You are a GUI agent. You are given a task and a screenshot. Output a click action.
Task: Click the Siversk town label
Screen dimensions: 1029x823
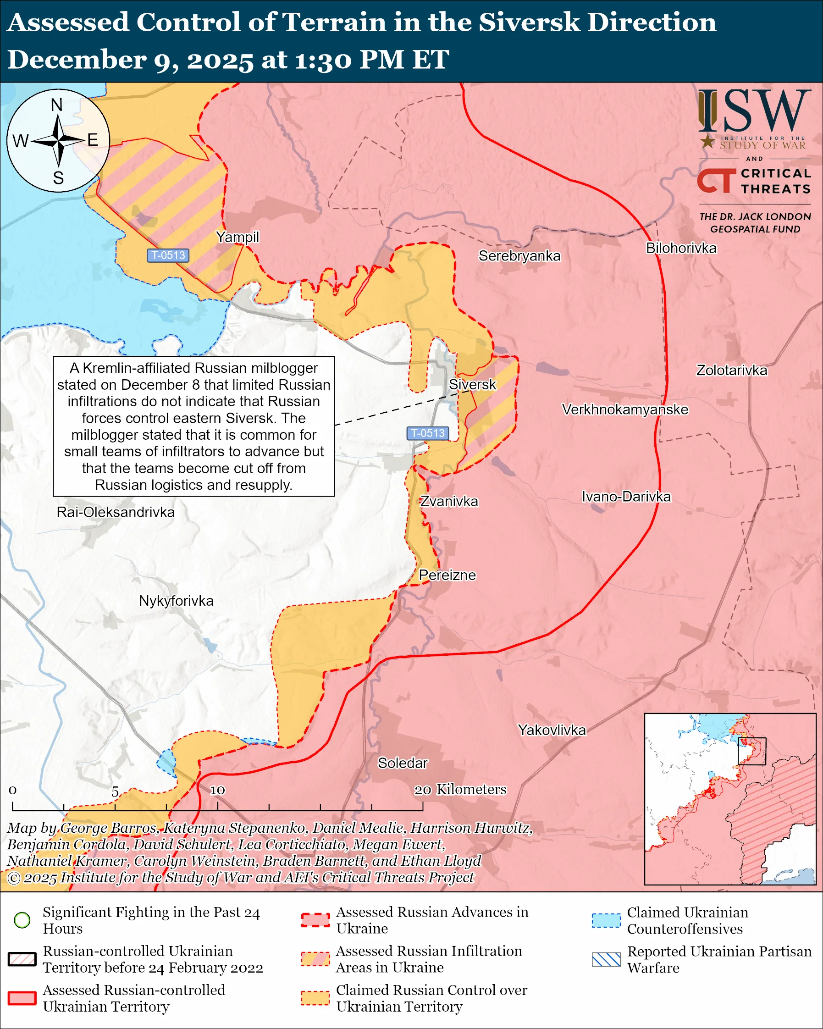coord(472,385)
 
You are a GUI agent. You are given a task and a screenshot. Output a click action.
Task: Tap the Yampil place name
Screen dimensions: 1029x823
coord(237,237)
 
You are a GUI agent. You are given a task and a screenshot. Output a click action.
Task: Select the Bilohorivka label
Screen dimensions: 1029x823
coord(681,248)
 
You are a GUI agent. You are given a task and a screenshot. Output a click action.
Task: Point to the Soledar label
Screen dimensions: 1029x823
coord(403,763)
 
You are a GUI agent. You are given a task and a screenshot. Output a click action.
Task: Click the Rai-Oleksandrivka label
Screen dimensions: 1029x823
coord(116,512)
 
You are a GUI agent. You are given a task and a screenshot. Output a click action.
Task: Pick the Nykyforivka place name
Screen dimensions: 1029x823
coord(176,600)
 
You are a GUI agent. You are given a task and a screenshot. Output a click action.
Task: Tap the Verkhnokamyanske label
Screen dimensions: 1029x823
coord(625,409)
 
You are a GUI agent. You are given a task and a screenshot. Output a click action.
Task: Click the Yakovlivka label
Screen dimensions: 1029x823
coord(552,730)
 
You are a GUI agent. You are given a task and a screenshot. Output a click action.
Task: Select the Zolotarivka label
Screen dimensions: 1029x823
coord(731,371)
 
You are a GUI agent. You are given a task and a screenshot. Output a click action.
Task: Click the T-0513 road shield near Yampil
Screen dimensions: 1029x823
coord(168,255)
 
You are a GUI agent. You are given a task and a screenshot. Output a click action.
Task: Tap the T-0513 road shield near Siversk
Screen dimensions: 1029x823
coord(427,433)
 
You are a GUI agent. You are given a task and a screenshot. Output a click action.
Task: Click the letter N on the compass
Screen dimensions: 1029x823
coord(57,105)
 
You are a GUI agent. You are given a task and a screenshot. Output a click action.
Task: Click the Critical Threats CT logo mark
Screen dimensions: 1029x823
coord(716,180)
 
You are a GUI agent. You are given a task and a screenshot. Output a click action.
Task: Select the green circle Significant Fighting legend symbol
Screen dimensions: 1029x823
coord(22,920)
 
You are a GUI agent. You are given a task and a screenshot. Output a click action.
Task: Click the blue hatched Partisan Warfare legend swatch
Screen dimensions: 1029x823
coord(606,959)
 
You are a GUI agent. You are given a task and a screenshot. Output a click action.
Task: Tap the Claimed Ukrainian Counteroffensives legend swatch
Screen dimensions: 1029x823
coord(606,920)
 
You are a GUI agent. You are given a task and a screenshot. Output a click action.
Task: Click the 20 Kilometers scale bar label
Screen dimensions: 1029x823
coord(460,790)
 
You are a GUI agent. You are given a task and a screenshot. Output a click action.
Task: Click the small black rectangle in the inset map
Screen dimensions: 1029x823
coord(751,751)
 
